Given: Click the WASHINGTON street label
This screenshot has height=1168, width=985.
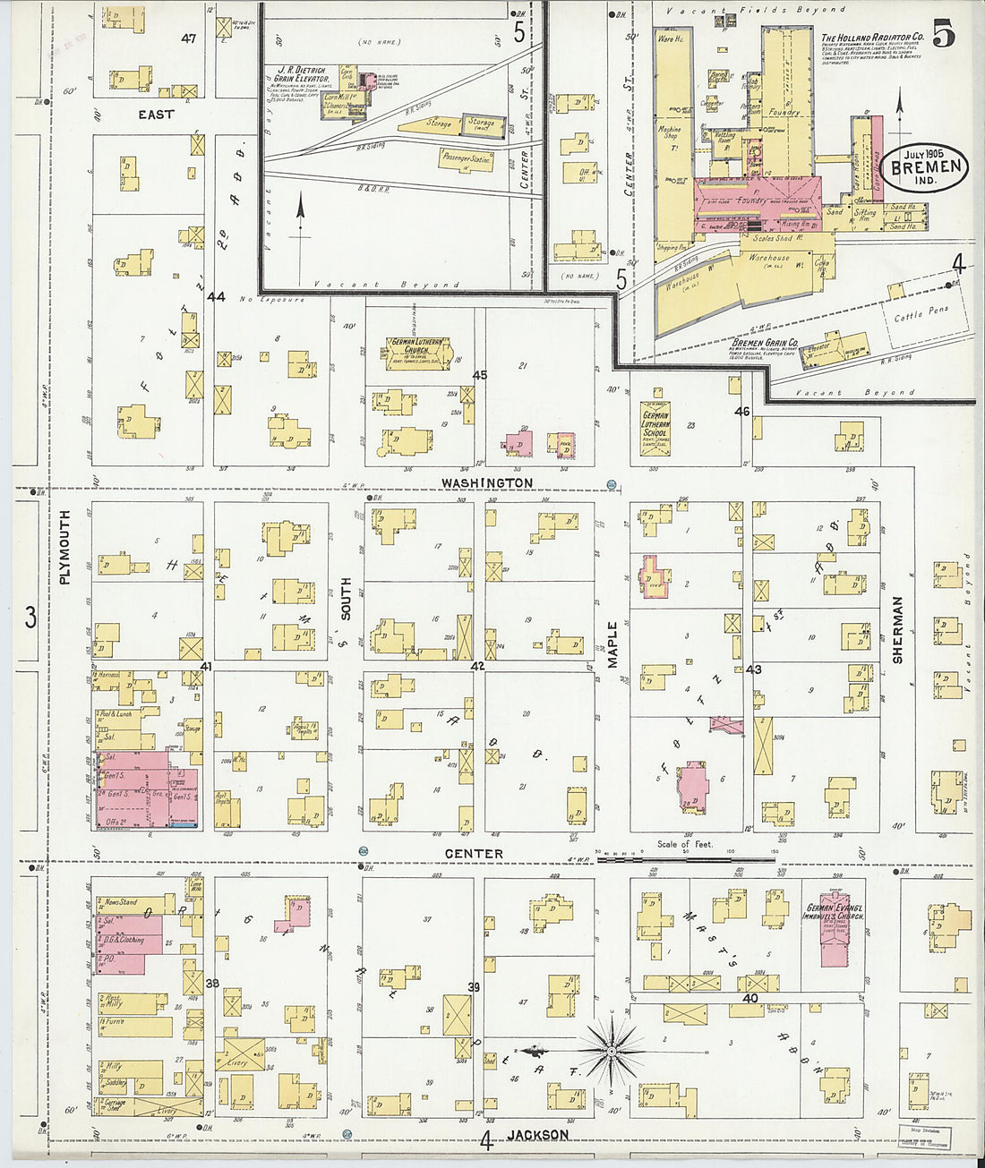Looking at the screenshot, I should tap(486, 482).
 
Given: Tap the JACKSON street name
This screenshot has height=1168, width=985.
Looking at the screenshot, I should tap(537, 1135).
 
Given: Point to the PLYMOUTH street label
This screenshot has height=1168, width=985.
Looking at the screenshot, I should tap(64, 547).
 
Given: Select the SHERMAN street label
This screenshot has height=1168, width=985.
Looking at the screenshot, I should tap(897, 630).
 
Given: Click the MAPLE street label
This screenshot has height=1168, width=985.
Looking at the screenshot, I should tap(613, 644).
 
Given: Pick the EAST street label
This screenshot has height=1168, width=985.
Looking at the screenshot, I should tap(156, 115).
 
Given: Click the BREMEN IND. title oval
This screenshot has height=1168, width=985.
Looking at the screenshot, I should tap(925, 166).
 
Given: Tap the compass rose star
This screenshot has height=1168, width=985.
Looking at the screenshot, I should tap(612, 1048).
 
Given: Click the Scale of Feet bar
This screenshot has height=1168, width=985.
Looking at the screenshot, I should tap(685, 857).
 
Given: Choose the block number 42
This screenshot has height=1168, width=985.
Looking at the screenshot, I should tap(477, 666).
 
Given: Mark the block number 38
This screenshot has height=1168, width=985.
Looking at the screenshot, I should tap(212, 983).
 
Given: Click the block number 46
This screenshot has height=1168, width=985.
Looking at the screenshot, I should tap(741, 412).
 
